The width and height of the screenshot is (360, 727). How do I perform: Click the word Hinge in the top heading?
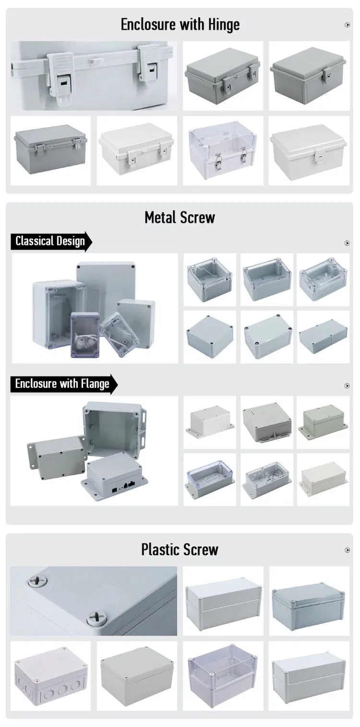(x=224, y=25)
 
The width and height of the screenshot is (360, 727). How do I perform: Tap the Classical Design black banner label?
(x=51, y=242)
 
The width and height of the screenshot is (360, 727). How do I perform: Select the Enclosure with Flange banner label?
(x=63, y=384)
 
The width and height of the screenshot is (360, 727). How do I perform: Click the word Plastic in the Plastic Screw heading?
(x=160, y=550)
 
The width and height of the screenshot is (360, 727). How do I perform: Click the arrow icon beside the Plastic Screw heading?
(x=348, y=550)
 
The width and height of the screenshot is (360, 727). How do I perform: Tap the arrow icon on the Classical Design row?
(x=347, y=243)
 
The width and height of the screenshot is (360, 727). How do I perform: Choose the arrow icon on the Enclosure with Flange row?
(x=347, y=386)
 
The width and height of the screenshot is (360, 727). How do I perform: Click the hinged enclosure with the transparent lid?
(x=223, y=151)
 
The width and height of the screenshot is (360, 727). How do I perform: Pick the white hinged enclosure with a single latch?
(x=309, y=151)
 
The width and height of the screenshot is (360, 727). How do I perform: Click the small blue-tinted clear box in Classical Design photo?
(x=85, y=334)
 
